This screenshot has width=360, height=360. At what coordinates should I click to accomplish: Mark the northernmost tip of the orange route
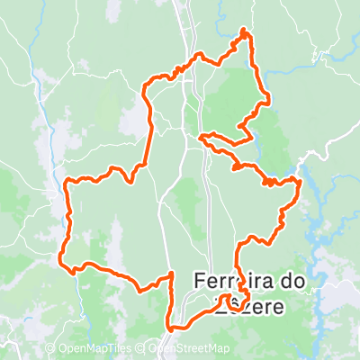(x=244, y=31)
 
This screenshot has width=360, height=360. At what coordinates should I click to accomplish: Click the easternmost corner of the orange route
(x=299, y=183)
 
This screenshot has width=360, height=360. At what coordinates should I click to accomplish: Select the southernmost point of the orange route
(x=170, y=330)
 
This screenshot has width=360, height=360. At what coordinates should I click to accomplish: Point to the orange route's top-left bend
(x=146, y=87)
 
